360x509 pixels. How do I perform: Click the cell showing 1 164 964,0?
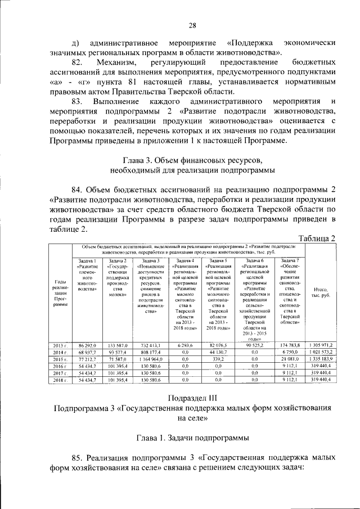pyautogui.click(x=150, y=358)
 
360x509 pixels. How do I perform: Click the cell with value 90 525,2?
pyautogui.click(x=255, y=344)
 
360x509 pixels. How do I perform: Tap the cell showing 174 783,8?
pyautogui.click(x=290, y=344)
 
